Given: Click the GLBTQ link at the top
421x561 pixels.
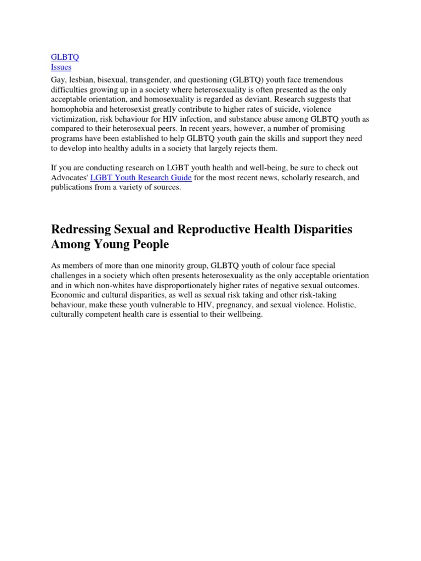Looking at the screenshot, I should (65, 57).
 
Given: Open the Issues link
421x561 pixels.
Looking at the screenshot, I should (61, 67).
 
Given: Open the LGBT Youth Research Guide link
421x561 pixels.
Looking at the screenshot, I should (141, 178).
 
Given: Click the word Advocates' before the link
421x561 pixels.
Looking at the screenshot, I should (69, 178).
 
